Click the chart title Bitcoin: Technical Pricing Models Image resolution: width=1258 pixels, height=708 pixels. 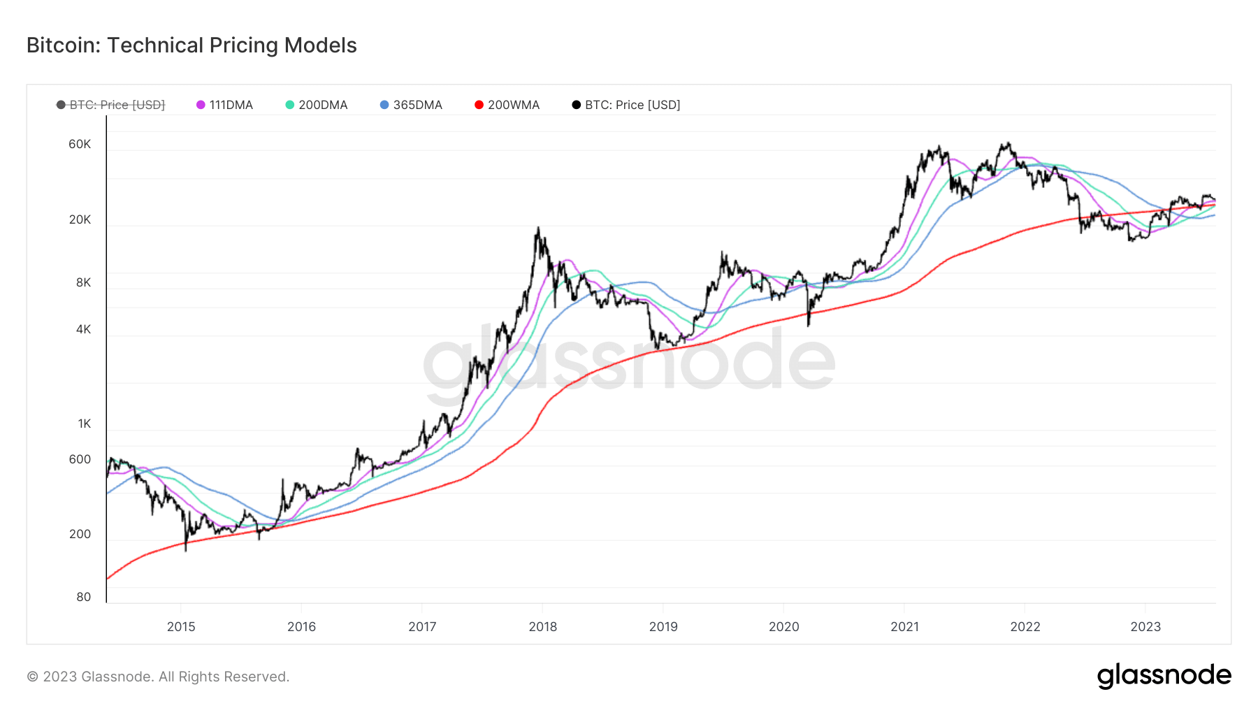191,45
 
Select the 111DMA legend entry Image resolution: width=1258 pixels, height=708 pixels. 224,105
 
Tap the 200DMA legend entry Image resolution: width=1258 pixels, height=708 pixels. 316,105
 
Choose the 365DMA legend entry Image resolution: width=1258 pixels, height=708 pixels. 411,105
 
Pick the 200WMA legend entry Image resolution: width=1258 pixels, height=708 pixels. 507,105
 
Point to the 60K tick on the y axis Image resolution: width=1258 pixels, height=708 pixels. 80,144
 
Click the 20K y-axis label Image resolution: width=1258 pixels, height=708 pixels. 80,219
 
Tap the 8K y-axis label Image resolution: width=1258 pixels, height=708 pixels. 83,282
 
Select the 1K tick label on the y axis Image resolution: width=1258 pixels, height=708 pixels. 84,424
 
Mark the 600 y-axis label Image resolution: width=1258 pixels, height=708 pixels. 80,459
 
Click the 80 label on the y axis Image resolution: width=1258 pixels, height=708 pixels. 83,597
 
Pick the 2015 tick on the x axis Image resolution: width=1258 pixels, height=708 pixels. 181,627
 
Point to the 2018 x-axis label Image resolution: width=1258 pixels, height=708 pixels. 543,627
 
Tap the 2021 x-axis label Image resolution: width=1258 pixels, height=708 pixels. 904,627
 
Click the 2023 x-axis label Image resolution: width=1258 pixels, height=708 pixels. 1145,627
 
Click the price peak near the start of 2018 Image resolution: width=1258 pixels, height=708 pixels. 537,228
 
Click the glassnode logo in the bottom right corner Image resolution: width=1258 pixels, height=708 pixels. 1164,676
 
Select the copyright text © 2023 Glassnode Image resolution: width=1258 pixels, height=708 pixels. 158,677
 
